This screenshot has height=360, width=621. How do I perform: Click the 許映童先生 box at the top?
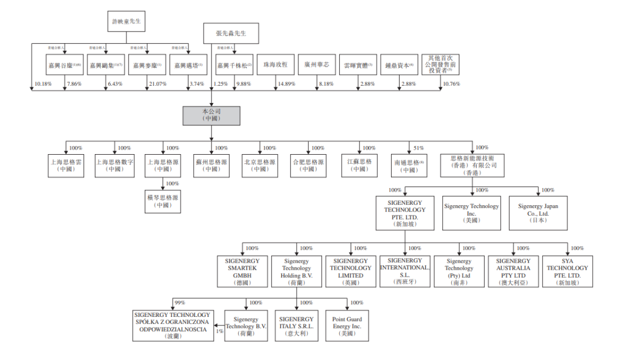(126, 21)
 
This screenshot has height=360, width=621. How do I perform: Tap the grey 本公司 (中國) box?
(211, 116)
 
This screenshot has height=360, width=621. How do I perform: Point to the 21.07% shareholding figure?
(158, 85)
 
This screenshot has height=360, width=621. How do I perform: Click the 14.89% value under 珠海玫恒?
(286, 85)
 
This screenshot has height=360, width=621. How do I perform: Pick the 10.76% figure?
(451, 85)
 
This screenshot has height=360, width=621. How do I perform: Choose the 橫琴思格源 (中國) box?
(163, 201)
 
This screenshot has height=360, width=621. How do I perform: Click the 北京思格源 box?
(259, 166)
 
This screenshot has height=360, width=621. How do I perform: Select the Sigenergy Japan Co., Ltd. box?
(538, 213)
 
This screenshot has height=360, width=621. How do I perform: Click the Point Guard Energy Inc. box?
(347, 326)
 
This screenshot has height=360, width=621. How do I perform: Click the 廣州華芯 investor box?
(317, 66)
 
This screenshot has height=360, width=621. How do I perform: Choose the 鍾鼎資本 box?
(398, 66)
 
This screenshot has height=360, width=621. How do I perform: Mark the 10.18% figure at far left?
(43, 85)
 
